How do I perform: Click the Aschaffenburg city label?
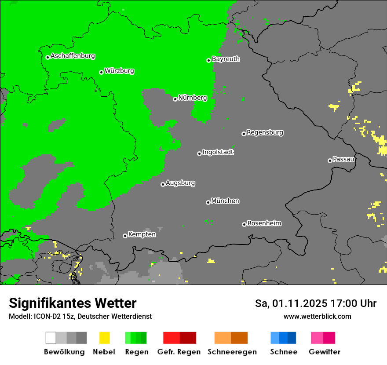tap(73, 56)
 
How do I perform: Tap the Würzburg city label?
tap(119, 71)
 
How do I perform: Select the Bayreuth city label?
tap(226, 59)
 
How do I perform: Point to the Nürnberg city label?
tap(193, 98)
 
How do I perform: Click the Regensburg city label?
tap(265, 132)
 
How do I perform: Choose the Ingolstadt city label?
tap(218, 153)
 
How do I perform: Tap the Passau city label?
tap(343, 160)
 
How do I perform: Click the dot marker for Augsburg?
tap(163, 184)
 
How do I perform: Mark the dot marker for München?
tap(208, 202)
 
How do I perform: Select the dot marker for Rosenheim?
tap(244, 224)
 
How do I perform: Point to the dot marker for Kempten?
tap(125, 236)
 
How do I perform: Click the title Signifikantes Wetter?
tap(73, 303)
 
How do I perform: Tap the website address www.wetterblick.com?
tap(317, 317)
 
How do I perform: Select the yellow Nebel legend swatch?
tap(104, 338)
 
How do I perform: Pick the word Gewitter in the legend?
tap(325, 352)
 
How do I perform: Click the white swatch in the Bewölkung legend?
tap(51, 338)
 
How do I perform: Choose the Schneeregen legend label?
tap(232, 352)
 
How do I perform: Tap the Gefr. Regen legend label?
tap(179, 352)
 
